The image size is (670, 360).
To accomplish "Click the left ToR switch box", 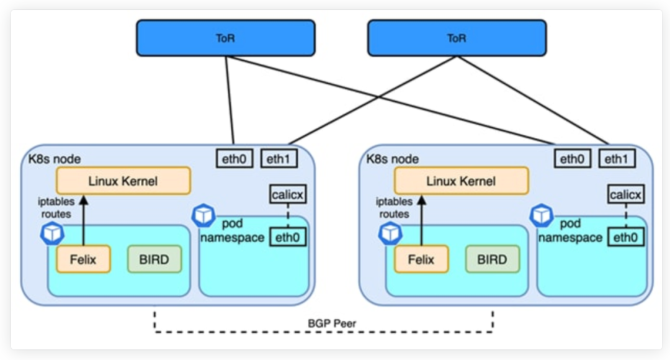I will point(226,38).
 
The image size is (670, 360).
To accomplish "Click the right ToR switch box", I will point(457,38).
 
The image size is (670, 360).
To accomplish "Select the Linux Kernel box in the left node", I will point(123,181).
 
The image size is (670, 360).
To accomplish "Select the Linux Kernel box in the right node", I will point(461,181).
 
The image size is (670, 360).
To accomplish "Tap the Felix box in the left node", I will point(83,259).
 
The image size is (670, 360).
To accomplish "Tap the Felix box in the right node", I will point(421,259).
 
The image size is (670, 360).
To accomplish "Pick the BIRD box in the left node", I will point(154,259).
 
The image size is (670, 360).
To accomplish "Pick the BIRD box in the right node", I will point(493,259).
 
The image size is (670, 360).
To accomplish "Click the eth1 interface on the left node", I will point(279,159).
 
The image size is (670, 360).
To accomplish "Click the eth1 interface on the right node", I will point(617,159).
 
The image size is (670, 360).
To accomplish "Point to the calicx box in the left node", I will point(288,195).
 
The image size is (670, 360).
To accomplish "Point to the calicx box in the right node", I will point(625,195).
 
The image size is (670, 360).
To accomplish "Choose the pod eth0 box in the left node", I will point(288,236).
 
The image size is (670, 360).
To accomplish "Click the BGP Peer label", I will point(323,323).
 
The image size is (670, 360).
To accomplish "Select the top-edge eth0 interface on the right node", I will point(573,159).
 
